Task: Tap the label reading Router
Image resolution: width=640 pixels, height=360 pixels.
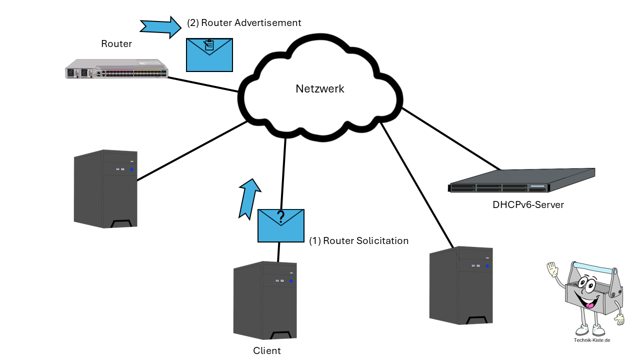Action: pos(116,44)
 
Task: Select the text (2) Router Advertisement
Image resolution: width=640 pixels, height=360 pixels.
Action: pos(244,23)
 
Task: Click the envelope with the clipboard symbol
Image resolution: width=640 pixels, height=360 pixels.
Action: pos(209,54)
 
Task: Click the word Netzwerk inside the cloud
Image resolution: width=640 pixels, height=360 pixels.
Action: pos(320,89)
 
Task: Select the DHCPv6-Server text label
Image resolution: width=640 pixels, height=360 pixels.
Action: pos(528,204)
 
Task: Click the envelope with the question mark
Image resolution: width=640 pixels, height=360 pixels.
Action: pos(280,225)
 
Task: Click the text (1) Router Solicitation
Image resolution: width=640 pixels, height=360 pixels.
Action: pos(358,241)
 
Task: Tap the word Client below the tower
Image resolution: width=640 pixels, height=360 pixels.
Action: pos(267,351)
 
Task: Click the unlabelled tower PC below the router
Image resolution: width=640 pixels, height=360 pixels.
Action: pos(105,188)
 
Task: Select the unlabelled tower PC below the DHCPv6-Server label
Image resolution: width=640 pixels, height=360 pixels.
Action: pos(461,285)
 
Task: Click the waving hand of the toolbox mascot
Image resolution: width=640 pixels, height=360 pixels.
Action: pos(552,270)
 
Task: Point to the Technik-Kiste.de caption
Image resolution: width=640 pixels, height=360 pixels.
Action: pos(592,340)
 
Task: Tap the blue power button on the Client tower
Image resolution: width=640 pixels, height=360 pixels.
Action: pos(291,282)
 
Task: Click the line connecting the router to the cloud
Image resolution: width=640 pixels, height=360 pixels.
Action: pos(203,84)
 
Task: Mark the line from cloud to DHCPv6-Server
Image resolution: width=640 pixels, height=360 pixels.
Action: pos(450,138)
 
